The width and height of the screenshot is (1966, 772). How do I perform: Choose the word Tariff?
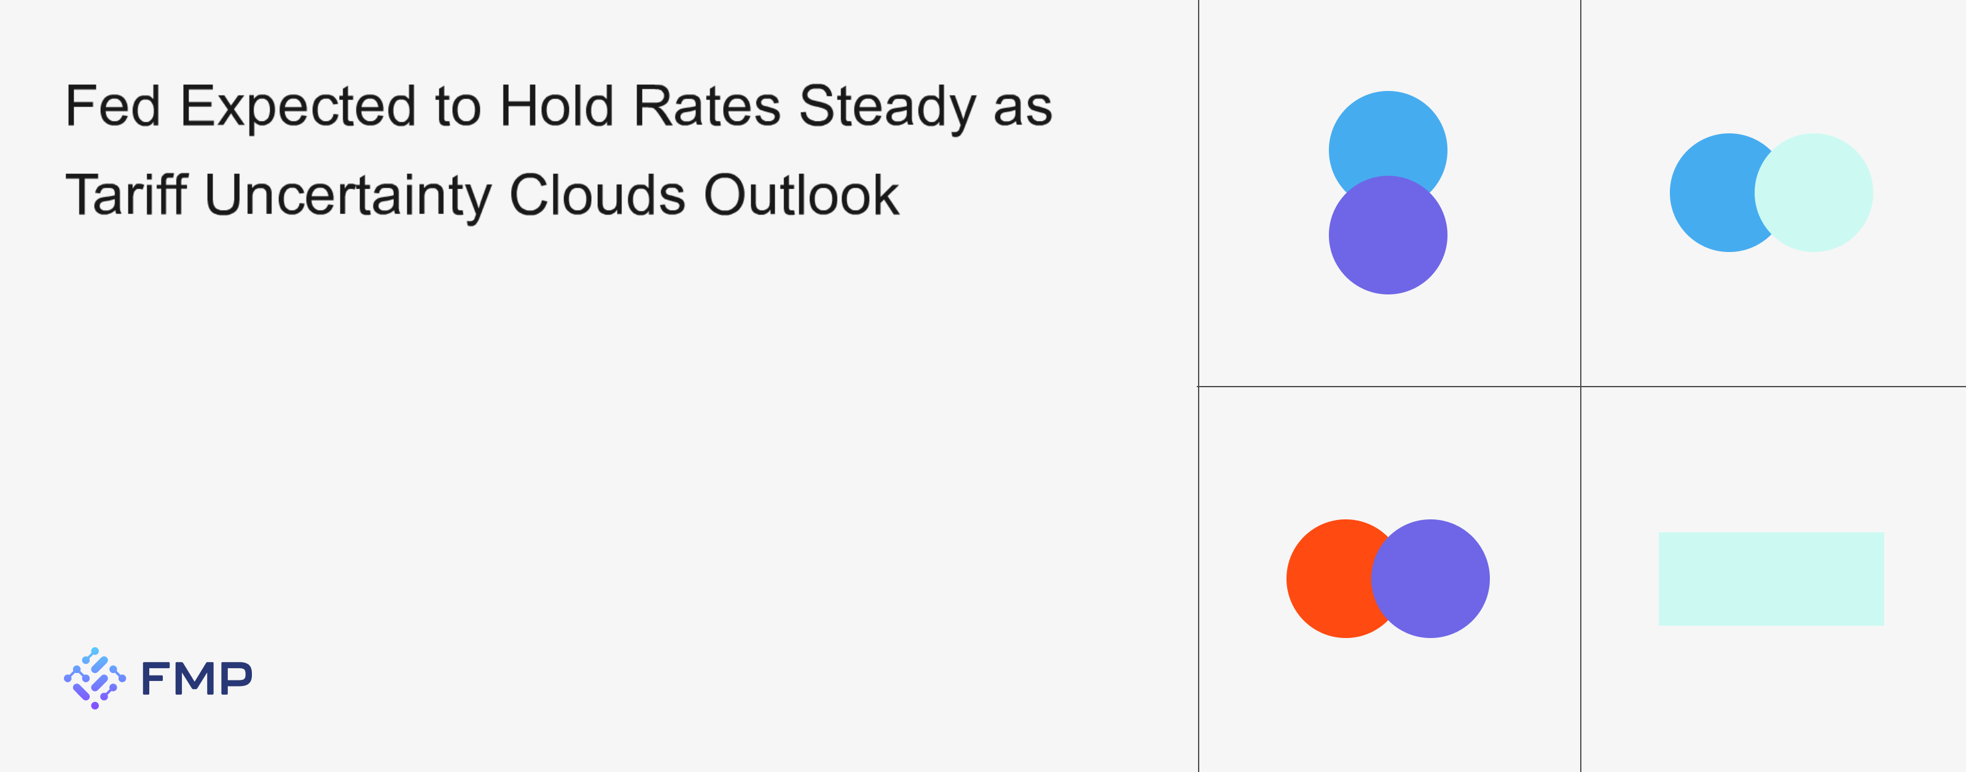pyautogui.click(x=127, y=194)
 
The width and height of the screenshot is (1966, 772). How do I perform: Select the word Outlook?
pyautogui.click(x=801, y=194)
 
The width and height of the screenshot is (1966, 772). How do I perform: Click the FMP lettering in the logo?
pyautogui.click(x=197, y=678)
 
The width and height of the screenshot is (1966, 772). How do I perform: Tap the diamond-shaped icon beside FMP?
pyautogui.click(x=95, y=678)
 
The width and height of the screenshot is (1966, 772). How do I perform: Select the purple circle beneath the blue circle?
pyautogui.click(x=1388, y=235)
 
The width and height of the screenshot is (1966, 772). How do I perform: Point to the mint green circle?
pyautogui.click(x=1814, y=192)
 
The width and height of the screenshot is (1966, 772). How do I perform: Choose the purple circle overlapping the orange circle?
pyautogui.click(x=1431, y=579)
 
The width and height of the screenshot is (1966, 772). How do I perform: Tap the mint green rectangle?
pyautogui.click(x=1771, y=579)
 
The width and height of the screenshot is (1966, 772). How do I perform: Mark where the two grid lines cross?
pyautogui.click(x=1581, y=387)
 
